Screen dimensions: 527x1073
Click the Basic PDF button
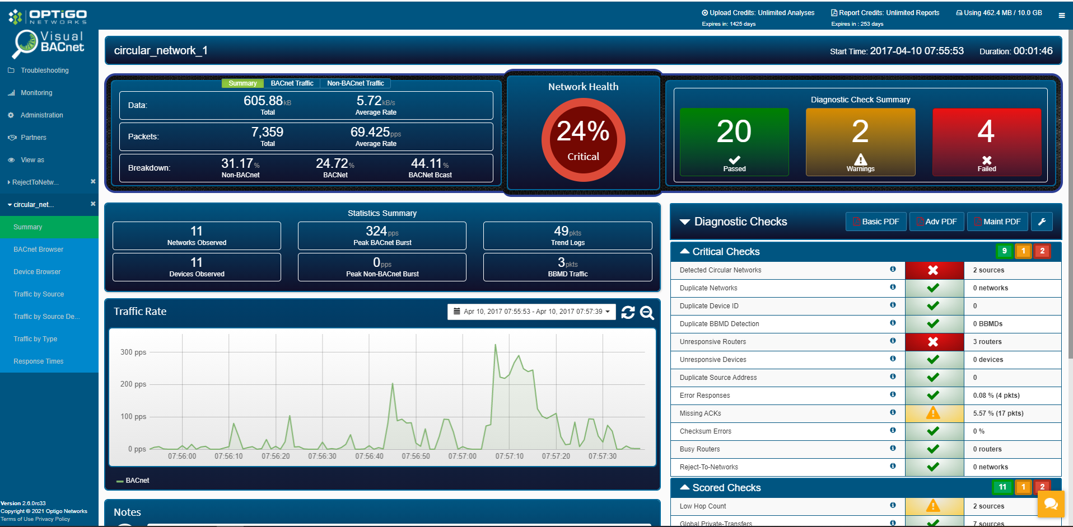875,222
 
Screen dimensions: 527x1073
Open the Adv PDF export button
936,222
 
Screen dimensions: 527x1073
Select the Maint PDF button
997,222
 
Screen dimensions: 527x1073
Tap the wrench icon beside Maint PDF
1042,222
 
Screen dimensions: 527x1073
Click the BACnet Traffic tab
292,83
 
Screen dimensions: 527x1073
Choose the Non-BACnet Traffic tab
356,83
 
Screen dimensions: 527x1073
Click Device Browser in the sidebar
37,272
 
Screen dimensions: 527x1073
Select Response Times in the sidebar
39,361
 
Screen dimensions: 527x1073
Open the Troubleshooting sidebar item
45,70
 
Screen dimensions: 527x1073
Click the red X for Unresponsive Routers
933,342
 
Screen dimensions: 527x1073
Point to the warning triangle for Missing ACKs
933,413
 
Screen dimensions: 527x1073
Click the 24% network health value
583,131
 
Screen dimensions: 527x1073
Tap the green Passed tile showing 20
734,142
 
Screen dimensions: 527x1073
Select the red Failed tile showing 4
986,142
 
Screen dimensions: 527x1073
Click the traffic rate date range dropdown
531,312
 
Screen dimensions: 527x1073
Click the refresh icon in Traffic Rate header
628,312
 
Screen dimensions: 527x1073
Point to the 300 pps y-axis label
133,352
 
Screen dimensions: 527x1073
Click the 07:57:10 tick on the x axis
509,457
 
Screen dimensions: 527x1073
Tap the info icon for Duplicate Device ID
893,305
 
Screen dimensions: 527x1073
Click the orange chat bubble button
1051,505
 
